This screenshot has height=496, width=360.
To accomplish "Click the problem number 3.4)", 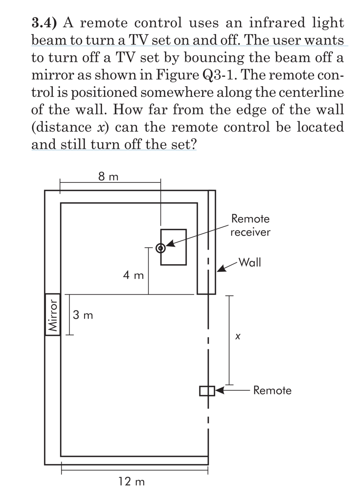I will click(44, 23).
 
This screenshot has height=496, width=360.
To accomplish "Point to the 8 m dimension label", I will click(108, 177).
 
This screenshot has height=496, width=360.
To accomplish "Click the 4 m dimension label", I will click(133, 275).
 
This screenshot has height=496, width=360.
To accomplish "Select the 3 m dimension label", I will click(83, 315).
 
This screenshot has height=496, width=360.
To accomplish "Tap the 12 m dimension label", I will click(131, 481).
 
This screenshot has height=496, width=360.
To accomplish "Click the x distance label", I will click(237, 337).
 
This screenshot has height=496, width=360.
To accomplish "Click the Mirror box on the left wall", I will click(53, 314).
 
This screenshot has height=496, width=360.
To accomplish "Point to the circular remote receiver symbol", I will click(161, 248).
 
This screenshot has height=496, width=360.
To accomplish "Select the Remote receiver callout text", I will click(250, 225).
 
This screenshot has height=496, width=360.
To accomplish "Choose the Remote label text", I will click(272, 390).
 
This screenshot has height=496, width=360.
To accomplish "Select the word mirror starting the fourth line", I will click(52, 75).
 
